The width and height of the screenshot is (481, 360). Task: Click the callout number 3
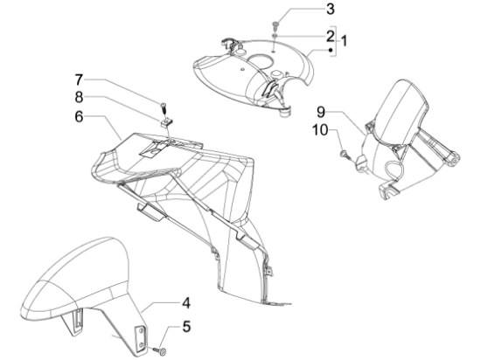click(330, 10)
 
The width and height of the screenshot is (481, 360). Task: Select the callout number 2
click(330, 36)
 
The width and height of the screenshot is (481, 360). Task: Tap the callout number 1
click(345, 41)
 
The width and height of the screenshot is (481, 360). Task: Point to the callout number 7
click(79, 80)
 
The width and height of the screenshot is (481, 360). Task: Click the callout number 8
click(79, 98)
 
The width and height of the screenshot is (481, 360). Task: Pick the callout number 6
click(79, 117)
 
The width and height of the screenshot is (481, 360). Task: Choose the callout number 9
click(321, 112)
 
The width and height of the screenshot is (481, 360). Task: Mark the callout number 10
click(320, 130)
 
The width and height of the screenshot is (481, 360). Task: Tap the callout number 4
click(186, 303)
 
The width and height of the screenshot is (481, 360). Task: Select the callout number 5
click(186, 326)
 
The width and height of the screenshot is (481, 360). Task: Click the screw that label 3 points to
click(275, 24)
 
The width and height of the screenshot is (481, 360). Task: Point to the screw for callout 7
click(164, 107)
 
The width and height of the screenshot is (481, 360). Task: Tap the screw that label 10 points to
click(345, 154)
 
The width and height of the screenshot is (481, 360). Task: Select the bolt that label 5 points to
click(160, 350)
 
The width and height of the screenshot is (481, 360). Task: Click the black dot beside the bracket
click(331, 50)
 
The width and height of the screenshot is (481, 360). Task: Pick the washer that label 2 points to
click(275, 36)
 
